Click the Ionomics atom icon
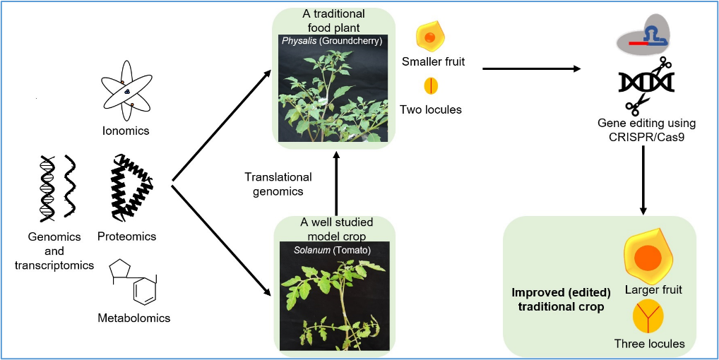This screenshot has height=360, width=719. [126, 92]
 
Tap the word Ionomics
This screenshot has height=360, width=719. [126, 131]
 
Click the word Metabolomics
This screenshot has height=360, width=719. [134, 318]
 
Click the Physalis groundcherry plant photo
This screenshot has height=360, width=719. [333, 88]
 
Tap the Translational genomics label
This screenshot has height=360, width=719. [278, 184]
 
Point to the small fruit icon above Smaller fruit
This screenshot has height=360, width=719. [430, 37]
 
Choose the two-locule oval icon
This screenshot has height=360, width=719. [431, 85]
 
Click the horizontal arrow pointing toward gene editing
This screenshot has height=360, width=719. [531, 69]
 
